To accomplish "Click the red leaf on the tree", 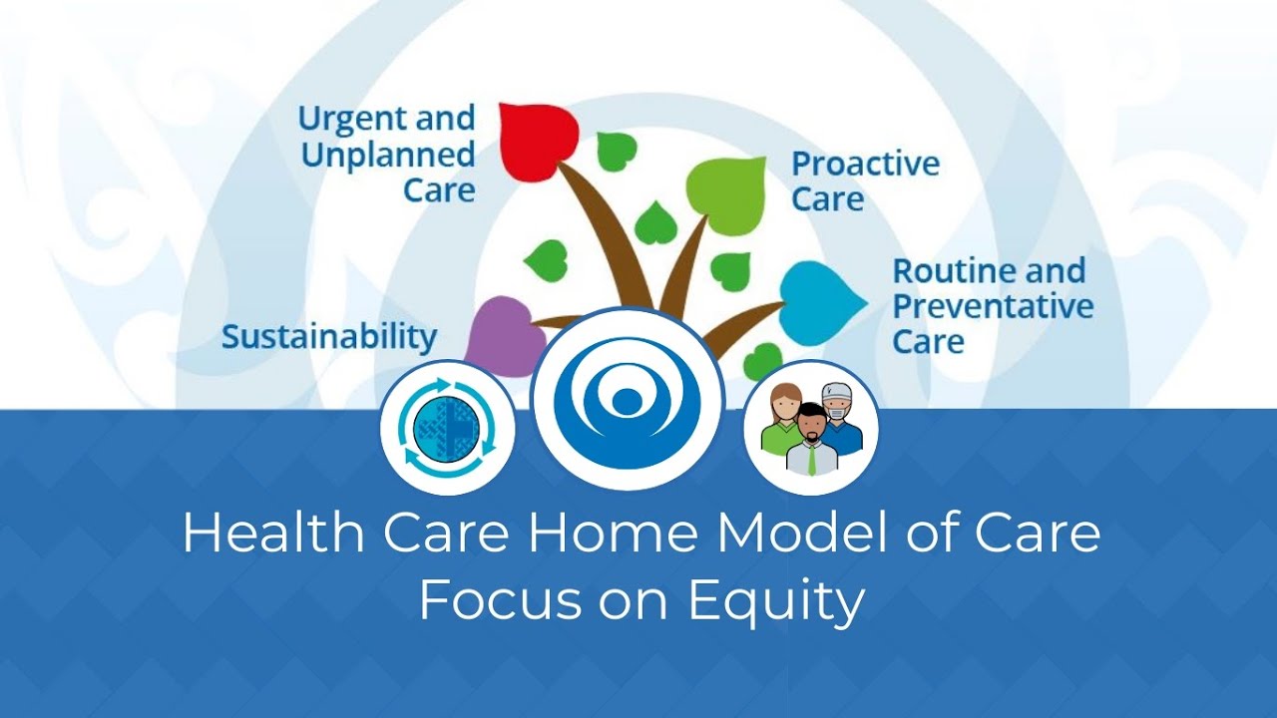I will click(537, 140).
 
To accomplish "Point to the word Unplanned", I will click(387, 156).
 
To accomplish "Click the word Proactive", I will click(865, 165).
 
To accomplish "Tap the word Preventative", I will click(993, 306).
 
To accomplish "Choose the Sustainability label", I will click(329, 337).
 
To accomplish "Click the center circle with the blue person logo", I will click(628, 396).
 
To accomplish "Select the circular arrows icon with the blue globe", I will click(447, 428).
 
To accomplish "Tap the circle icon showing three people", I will click(810, 428).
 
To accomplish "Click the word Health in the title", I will click(258, 534).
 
